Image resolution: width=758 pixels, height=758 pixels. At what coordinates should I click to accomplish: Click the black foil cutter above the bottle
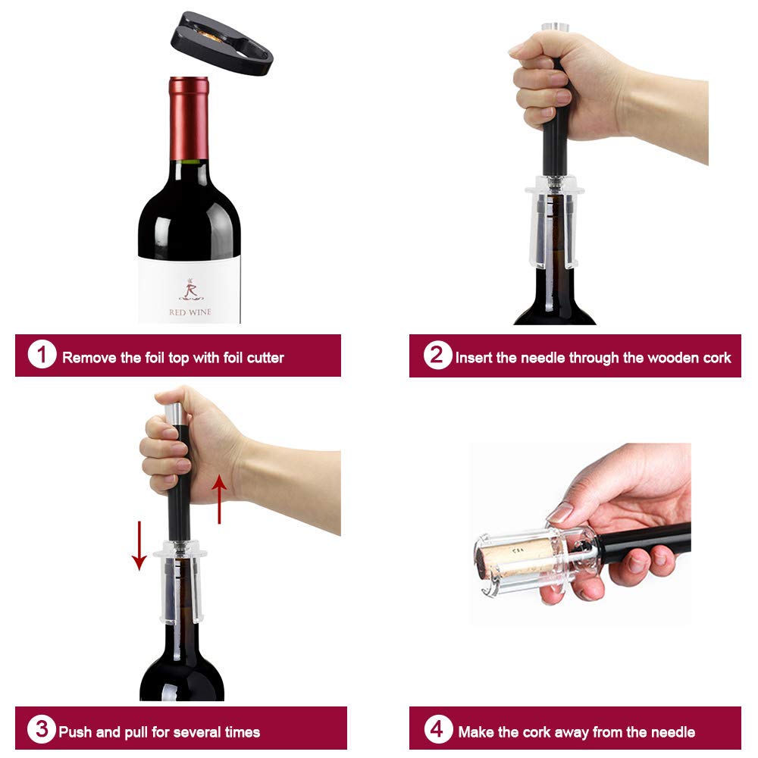227,42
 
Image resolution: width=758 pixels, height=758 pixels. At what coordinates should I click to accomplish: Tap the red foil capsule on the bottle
189,117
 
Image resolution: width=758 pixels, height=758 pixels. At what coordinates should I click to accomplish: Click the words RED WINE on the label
189,312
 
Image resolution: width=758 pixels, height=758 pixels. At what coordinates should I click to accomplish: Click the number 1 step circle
42,355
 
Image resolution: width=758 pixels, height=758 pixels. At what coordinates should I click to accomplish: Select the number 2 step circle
437,355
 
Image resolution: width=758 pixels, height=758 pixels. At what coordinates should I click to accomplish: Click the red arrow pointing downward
139,544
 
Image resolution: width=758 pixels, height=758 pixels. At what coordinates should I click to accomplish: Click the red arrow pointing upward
219,498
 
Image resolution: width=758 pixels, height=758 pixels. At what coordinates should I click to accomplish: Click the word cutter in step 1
265,358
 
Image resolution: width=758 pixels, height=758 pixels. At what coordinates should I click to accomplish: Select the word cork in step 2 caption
715,358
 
